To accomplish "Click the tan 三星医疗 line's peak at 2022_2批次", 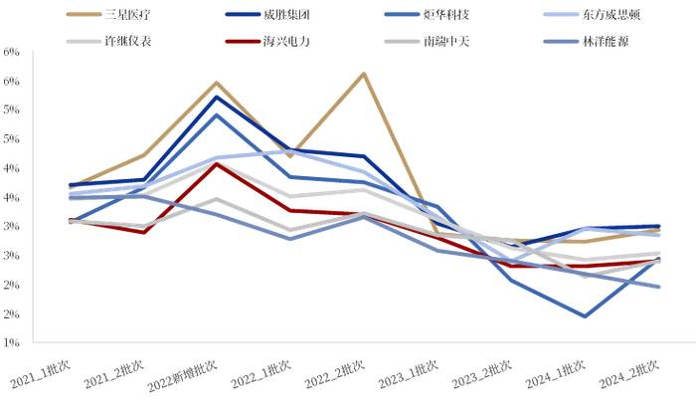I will point(364,74).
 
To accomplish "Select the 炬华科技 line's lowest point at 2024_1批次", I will point(585,316).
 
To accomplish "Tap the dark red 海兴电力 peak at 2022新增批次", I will point(217,163).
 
